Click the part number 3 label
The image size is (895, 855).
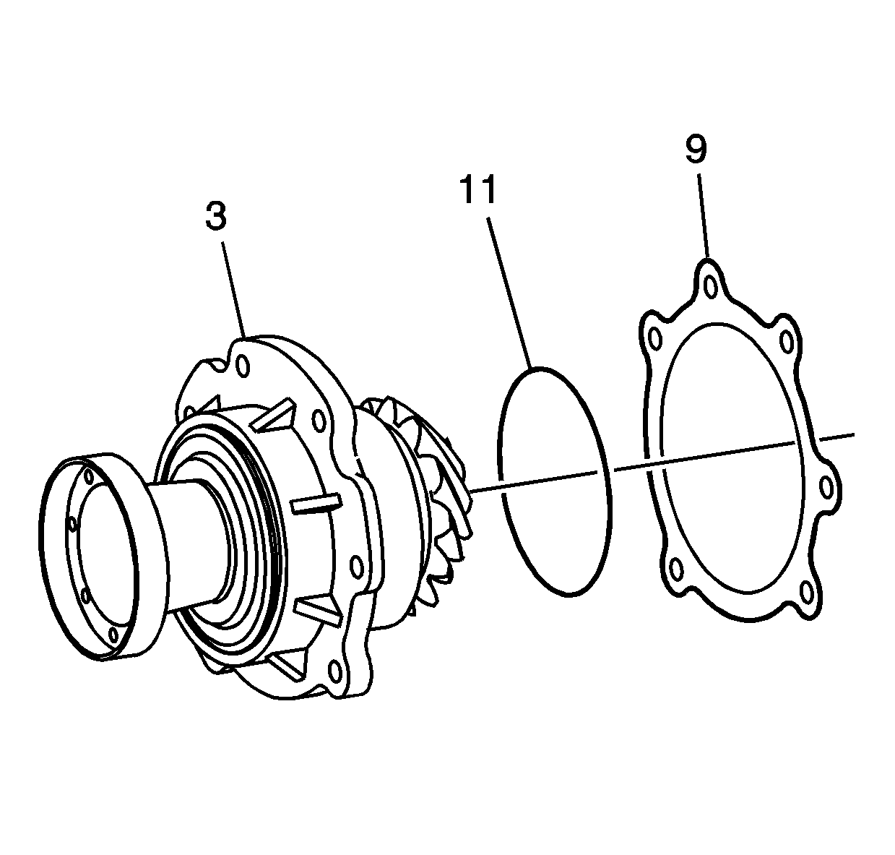[x=216, y=217]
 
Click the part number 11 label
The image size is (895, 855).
[x=477, y=189]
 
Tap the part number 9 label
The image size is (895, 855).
[x=696, y=149]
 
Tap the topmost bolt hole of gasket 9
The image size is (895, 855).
[x=712, y=287]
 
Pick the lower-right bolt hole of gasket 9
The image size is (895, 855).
[x=807, y=593]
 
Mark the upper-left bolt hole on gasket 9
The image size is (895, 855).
[x=654, y=338]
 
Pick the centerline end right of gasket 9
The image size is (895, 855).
[x=852, y=435]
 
